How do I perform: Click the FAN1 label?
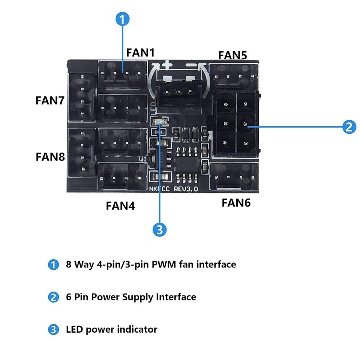tap(140, 52)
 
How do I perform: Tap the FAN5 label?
tap(232, 55)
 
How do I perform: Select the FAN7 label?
tap(50, 100)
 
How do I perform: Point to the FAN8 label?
tap(50, 156)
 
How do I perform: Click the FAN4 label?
tap(120, 205)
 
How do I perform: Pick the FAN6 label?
tap(236, 203)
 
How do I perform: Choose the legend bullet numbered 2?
tap(54, 297)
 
